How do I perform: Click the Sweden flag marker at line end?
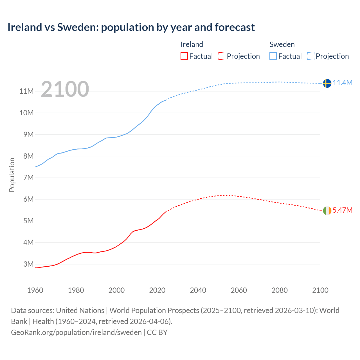327,83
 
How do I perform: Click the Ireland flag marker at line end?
327,210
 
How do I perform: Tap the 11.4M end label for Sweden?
343,83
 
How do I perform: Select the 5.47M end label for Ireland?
343,210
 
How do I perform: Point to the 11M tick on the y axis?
26,91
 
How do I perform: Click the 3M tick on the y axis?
28,264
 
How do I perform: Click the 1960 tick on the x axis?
35,290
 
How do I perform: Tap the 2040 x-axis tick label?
198,290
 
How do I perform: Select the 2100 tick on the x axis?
320,290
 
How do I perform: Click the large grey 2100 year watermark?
65,89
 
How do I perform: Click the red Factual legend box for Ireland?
184,56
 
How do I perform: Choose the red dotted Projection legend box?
222,56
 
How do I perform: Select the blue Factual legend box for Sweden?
273,56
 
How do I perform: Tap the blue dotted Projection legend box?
311,56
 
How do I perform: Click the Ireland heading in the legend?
192,44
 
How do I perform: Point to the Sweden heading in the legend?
282,44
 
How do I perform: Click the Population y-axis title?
12,175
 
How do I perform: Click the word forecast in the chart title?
235,27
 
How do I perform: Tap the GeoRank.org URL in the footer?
76,332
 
